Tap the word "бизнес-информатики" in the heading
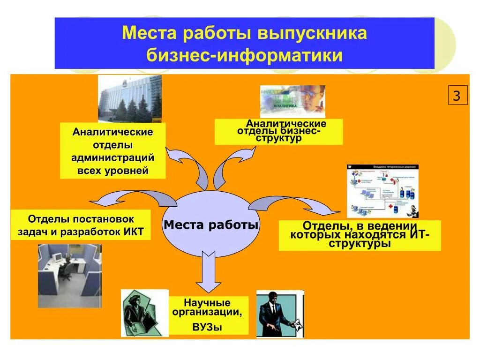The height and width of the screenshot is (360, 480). point(244,55)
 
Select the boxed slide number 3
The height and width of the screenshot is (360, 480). point(457,96)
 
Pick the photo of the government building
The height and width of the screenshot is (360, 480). point(130,99)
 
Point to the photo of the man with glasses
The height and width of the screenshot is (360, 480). point(292,102)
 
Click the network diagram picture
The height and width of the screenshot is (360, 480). point(382,191)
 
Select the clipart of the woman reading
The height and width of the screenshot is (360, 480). point(144,313)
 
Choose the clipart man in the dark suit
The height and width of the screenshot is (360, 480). point(280,313)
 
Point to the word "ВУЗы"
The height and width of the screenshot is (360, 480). point(207,327)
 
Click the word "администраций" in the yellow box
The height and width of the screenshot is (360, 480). point(112,157)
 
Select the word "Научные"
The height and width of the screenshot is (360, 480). point(207,302)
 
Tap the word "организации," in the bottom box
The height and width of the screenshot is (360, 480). point(207,313)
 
